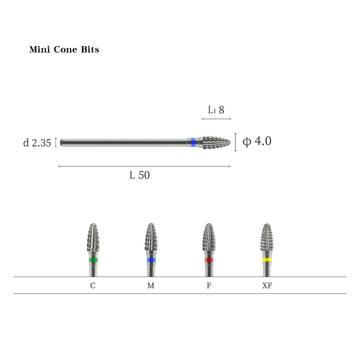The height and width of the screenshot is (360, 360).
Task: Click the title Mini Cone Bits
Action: pos(64,49)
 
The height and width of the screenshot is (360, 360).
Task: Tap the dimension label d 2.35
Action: pos(37,143)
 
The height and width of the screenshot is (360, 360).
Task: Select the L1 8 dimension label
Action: pos(216,110)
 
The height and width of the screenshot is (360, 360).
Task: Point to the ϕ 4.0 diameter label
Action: pos(257,141)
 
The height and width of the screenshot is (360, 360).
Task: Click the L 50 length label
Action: pos(139,175)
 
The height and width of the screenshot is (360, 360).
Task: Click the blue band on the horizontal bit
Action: pos(193,142)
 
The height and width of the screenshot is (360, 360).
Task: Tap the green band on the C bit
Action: pos(93,260)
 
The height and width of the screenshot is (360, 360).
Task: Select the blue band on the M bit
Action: pos(151,260)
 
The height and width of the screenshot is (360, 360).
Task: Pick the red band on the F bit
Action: pos(209,260)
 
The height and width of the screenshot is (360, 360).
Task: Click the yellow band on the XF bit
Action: pos(267,260)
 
